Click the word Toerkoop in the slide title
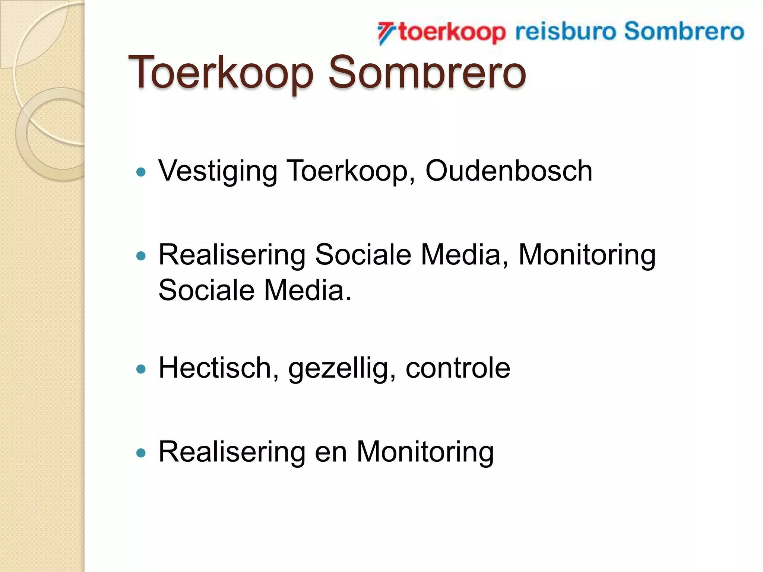221,73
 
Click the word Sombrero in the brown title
427,73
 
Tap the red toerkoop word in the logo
452,32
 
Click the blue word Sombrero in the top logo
684,31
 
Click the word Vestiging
218,172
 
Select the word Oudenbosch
509,171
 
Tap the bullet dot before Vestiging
141,172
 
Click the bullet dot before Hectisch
141,369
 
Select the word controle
458,368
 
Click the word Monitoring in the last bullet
425,453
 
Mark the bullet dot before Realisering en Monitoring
141,453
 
